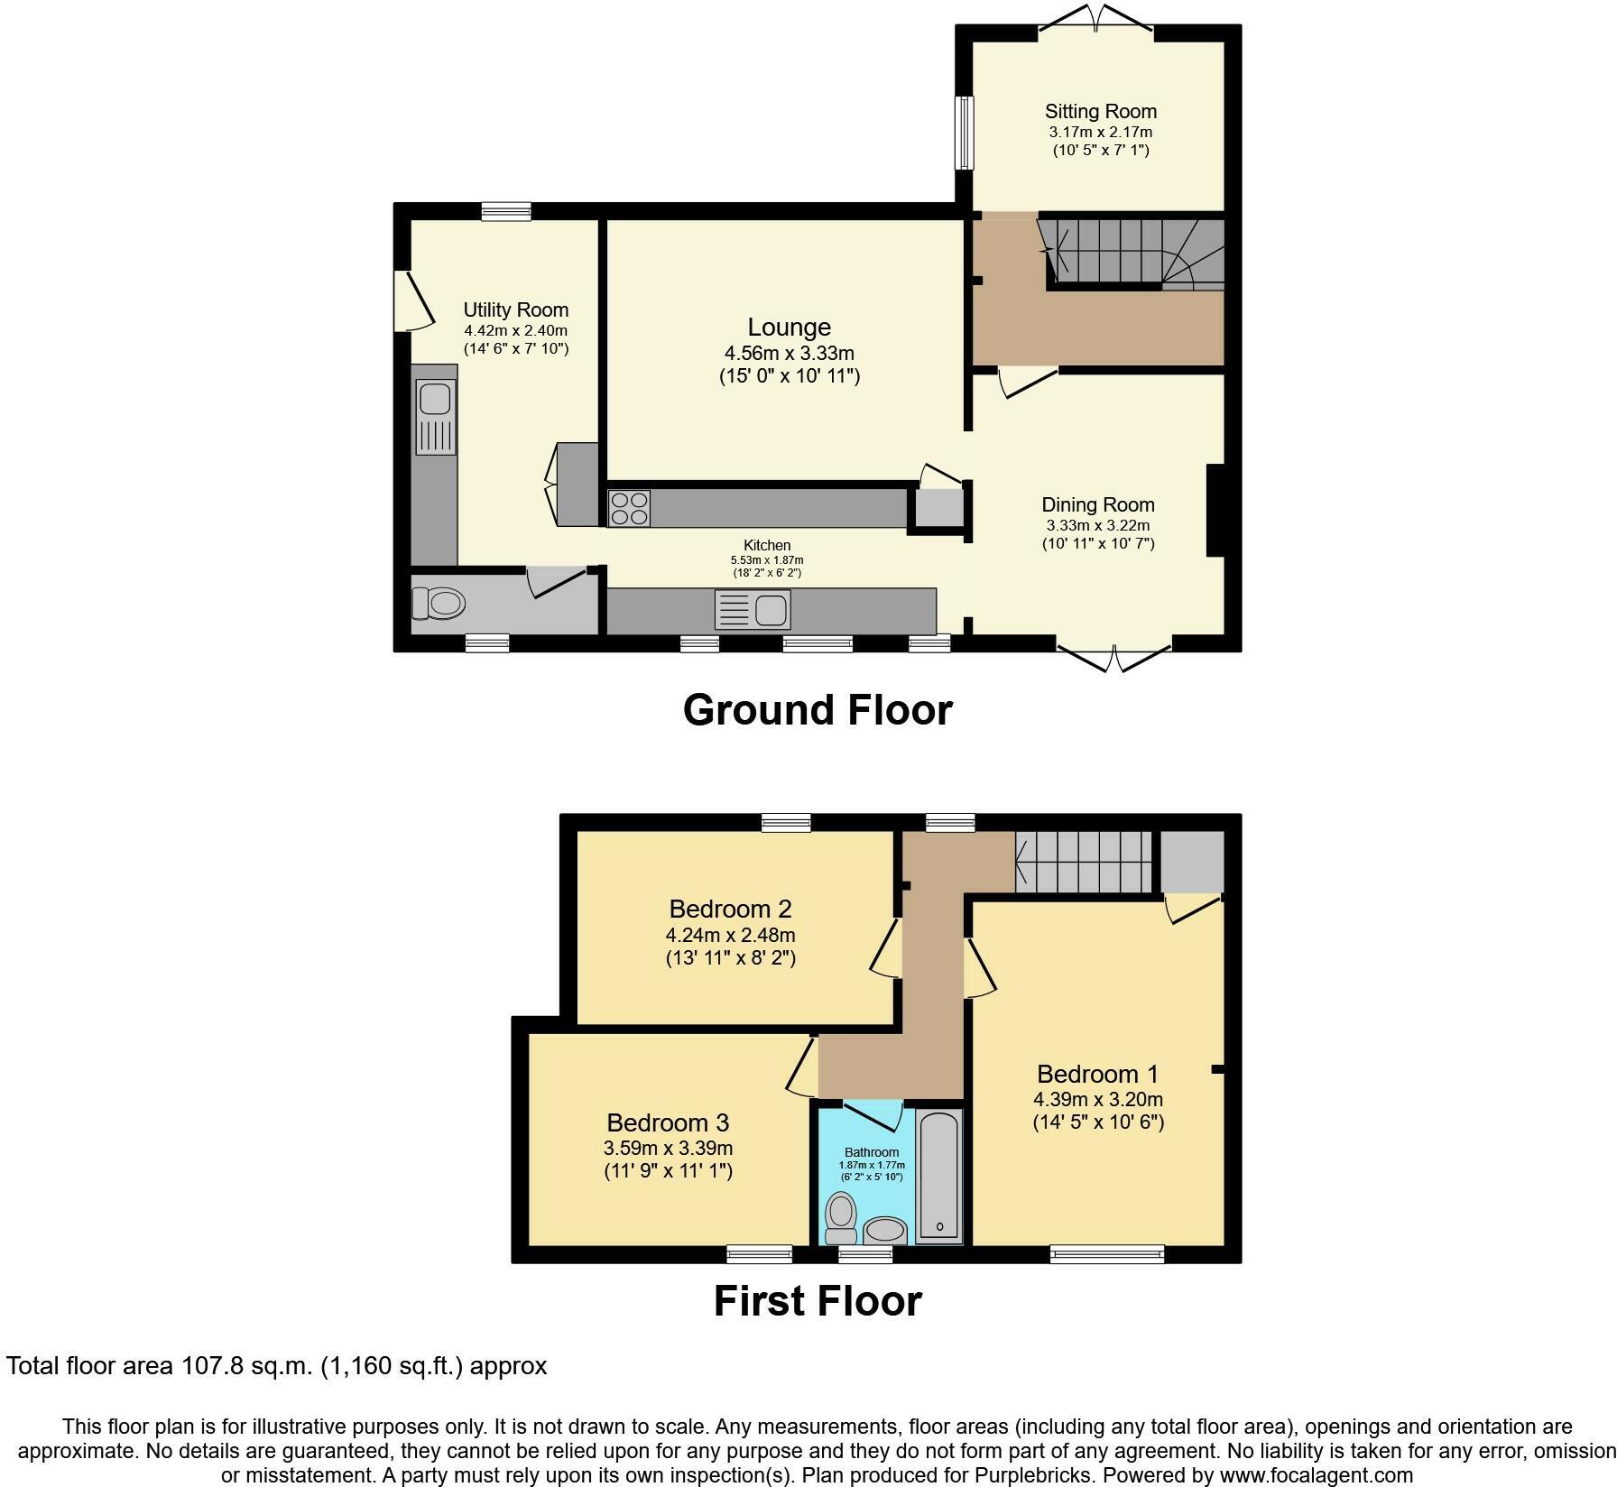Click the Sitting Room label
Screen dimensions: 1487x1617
coord(1100,112)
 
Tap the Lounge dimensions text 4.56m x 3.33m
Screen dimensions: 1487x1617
coord(789,354)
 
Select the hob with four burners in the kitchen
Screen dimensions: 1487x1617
coord(629,508)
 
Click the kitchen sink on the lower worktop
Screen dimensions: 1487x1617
coord(753,609)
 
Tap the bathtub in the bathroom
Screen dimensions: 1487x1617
coord(939,1175)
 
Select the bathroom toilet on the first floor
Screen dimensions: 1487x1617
coord(842,1218)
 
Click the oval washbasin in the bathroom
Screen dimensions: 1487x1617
coord(885,1230)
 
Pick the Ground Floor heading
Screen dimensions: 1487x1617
coord(818,710)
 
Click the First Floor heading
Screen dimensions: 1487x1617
coord(818,1301)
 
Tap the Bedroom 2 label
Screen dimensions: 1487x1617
coord(730,909)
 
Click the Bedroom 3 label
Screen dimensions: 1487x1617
coord(668,1122)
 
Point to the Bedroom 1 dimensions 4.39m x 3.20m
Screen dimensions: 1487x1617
coord(1098,1099)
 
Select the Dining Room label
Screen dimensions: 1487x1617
coord(1098,504)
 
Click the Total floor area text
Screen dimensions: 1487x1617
coord(276,1366)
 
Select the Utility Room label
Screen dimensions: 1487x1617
coord(515,310)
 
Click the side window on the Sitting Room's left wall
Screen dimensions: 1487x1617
coord(965,133)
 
